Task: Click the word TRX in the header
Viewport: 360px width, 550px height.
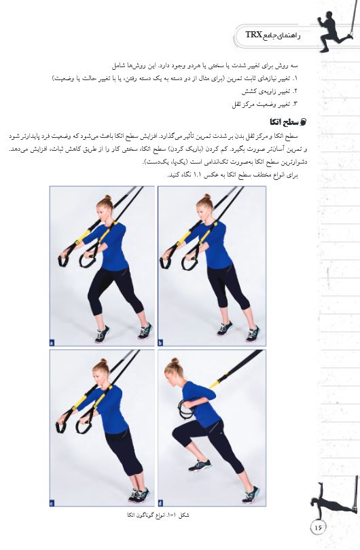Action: [x=254, y=35]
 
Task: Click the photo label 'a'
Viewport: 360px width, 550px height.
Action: [x=52, y=343]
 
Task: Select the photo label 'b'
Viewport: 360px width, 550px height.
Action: [x=160, y=343]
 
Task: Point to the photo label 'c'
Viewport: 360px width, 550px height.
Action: [x=52, y=503]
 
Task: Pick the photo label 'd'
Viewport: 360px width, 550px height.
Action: [x=160, y=503]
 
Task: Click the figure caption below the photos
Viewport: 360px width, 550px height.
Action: [x=158, y=515]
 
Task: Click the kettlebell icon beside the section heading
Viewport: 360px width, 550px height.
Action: [x=304, y=122]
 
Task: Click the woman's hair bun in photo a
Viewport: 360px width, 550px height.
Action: [x=108, y=198]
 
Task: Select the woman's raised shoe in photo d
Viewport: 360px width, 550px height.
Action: [x=200, y=466]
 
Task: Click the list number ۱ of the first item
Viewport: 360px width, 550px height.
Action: [x=295, y=79]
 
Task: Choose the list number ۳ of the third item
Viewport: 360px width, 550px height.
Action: [x=295, y=104]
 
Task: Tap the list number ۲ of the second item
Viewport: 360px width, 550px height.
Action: [x=295, y=92]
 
